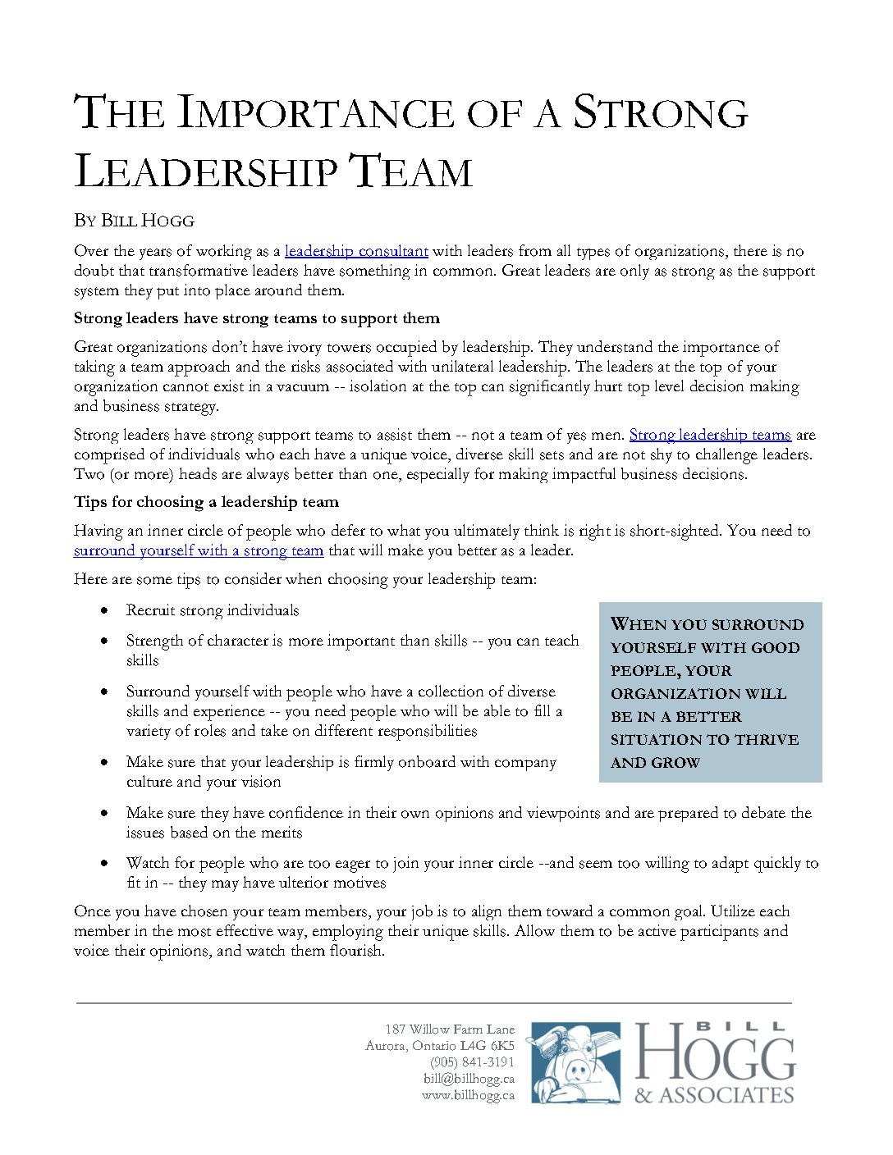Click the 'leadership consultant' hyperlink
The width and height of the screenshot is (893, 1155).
pos(356,251)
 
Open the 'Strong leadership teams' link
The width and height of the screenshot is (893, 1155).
pos(710,435)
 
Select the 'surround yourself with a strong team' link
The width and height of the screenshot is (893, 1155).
pos(199,550)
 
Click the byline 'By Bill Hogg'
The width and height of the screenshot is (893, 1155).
pos(134,221)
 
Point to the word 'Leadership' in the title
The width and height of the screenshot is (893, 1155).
pos(205,172)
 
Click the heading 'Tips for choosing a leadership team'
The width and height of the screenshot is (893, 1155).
pos(206,502)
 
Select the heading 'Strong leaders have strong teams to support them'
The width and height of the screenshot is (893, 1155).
pos(257,318)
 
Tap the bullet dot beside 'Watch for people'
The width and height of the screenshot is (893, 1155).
pos(104,863)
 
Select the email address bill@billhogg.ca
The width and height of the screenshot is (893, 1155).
pos(469,1079)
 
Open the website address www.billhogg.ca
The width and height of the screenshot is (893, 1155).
pos(468,1095)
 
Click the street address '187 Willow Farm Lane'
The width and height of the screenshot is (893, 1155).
pos(450,1029)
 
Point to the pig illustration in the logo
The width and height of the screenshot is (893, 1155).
pos(575,1062)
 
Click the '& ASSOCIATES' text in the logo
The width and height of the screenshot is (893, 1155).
pos(714,1095)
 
